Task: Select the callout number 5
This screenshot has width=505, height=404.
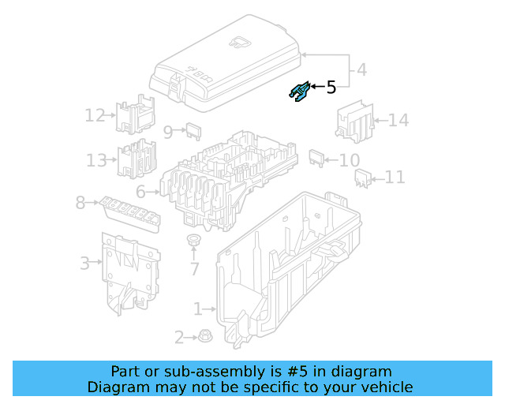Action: [x=331, y=88]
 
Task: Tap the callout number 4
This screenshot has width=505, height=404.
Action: [x=361, y=69]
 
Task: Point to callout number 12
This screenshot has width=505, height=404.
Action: [x=95, y=116]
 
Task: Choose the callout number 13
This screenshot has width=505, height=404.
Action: [x=96, y=161]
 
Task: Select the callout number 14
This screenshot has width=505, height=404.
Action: [x=398, y=121]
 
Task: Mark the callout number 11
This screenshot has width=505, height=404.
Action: [x=395, y=178]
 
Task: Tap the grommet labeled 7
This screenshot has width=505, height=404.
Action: [x=193, y=240]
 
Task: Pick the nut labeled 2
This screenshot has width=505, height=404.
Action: [x=201, y=336]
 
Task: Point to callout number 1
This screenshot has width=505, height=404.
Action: [x=198, y=309]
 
